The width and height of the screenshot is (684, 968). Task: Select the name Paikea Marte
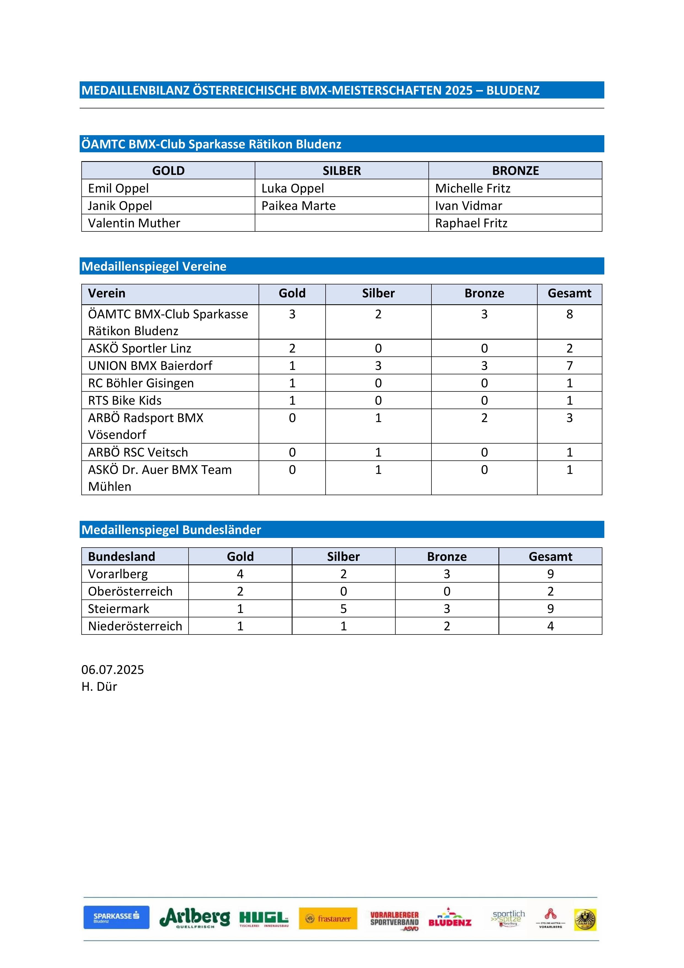tap(298, 206)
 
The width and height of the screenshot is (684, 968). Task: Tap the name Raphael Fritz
tap(471, 223)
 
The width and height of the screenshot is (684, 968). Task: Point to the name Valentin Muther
tap(134, 223)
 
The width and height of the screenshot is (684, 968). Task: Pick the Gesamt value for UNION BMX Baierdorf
tap(569, 366)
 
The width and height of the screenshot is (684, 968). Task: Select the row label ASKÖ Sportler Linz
tap(140, 348)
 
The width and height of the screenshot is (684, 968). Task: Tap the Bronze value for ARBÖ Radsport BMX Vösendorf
tap(484, 418)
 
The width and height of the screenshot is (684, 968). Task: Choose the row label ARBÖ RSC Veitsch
tap(138, 452)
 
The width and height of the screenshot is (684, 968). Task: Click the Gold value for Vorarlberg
tap(240, 574)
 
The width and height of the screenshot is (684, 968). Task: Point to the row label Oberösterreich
tap(130, 591)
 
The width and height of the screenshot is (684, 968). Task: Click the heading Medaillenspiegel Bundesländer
tap(171, 530)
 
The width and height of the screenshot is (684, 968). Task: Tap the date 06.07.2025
tap(112, 670)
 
